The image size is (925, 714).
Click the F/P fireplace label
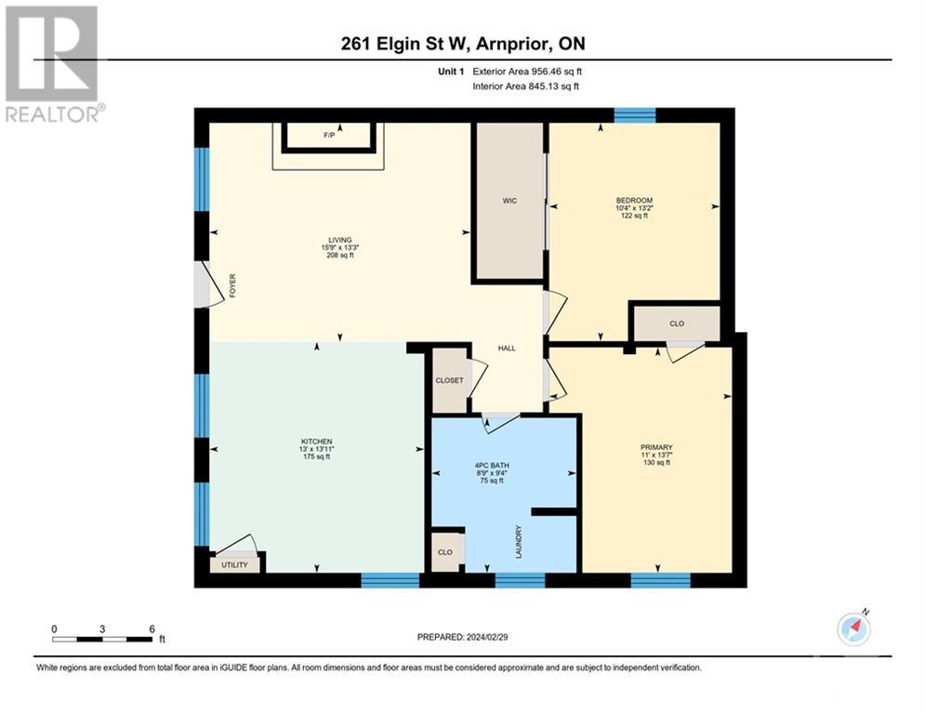pos(329,136)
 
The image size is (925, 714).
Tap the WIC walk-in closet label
pos(509,200)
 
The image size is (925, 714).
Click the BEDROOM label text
pos(634,201)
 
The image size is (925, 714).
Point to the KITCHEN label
pos(316,442)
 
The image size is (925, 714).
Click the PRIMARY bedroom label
pos(655,447)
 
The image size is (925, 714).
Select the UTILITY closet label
pos(234,564)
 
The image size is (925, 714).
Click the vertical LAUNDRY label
pos(519,542)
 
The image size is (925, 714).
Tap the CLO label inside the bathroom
pos(445,552)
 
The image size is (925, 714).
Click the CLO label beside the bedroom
pos(677,324)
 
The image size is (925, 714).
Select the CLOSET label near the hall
pos(450,380)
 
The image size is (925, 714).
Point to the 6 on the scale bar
pos(152,628)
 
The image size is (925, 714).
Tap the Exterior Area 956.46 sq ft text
pos(527,71)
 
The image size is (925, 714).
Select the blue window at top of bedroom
pos(634,115)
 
